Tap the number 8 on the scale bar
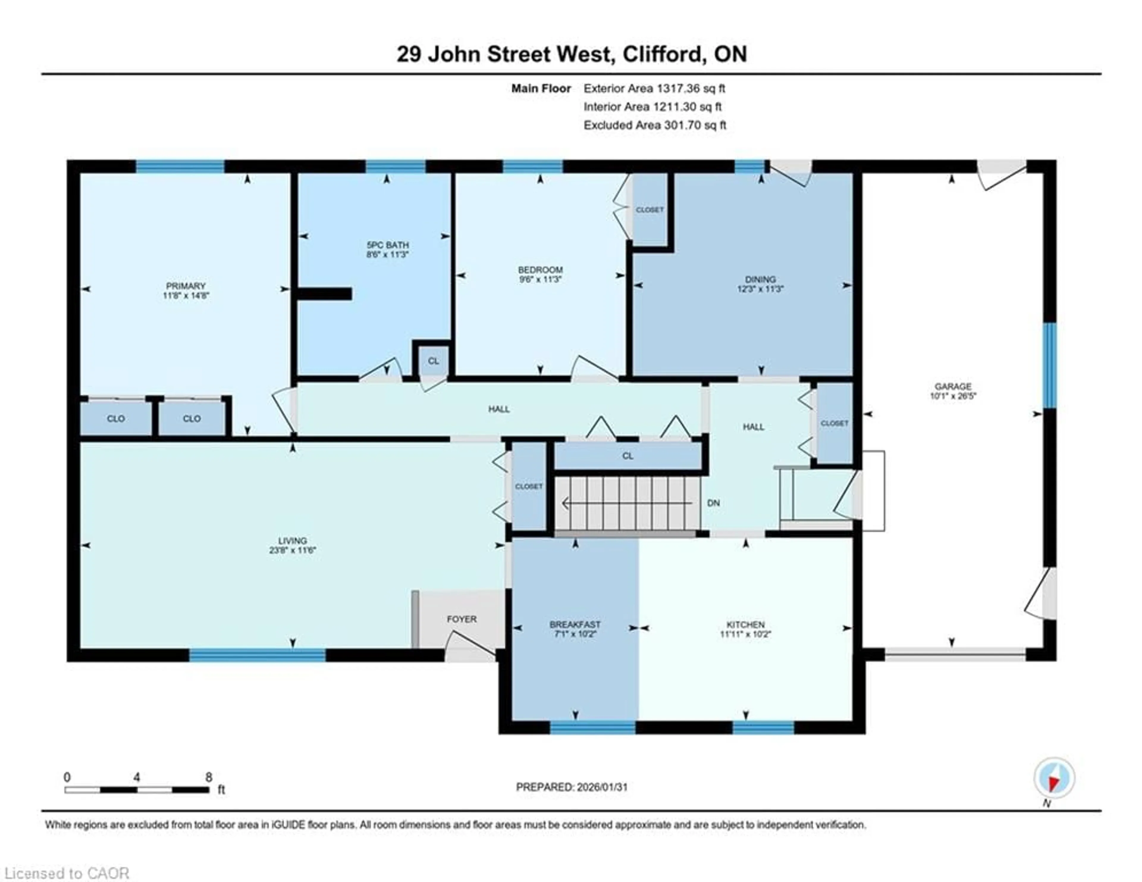[209, 777]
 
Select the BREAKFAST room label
[575, 625]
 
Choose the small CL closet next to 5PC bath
[433, 361]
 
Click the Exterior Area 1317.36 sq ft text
[654, 88]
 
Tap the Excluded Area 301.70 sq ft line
[655, 125]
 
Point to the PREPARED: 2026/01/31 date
[572, 787]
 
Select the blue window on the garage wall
[1049, 365]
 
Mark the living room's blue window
[257, 655]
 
